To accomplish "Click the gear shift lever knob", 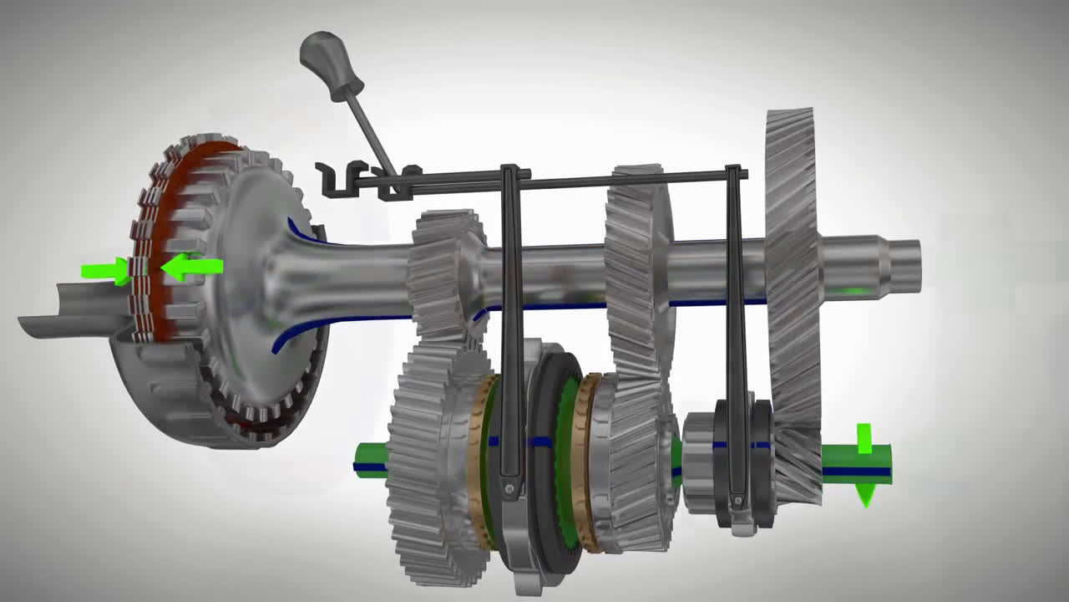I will (x=331, y=65).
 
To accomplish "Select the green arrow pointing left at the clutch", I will (x=194, y=268).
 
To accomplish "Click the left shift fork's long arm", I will (x=512, y=318).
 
